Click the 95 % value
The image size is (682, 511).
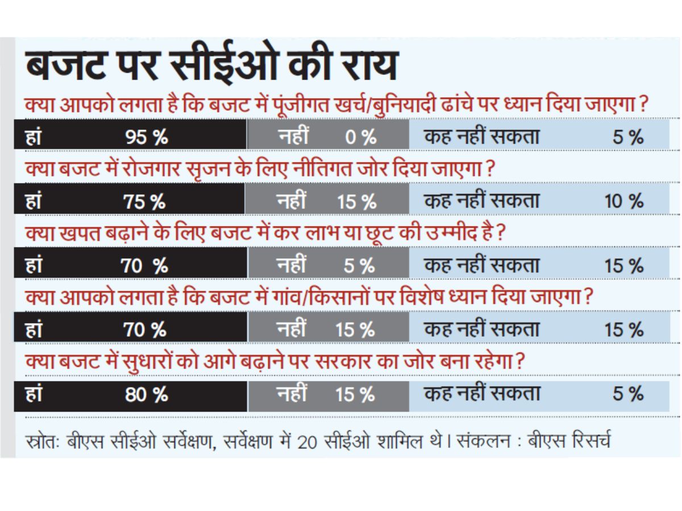click(146, 137)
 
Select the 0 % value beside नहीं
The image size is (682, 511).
click(360, 137)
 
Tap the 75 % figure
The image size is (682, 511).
click(145, 202)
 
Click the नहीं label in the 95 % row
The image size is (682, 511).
click(294, 137)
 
